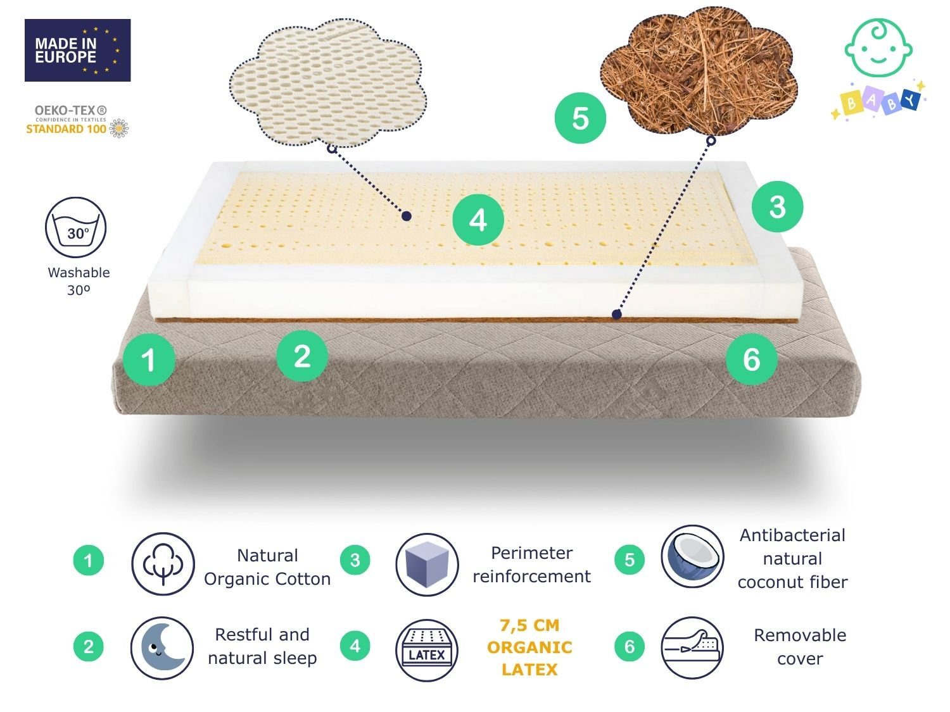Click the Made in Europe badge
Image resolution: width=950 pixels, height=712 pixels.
pyautogui.click(x=77, y=50)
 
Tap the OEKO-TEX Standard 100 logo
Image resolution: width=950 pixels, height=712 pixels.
pyautogui.click(x=77, y=122)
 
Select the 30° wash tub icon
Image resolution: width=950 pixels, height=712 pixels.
pyautogui.click(x=76, y=227)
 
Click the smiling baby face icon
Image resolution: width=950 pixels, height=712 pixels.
pyautogui.click(x=878, y=47)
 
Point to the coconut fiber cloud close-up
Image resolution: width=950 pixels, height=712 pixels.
pyautogui.click(x=698, y=72)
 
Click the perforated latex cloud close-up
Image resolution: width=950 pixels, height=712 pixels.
pyautogui.click(x=327, y=82)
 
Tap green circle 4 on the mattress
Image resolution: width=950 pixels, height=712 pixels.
pyautogui.click(x=478, y=220)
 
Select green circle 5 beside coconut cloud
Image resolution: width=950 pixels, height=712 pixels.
pyautogui.click(x=580, y=118)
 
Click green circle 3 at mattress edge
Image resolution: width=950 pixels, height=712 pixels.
pyautogui.click(x=777, y=206)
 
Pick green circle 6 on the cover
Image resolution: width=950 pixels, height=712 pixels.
pyautogui.click(x=751, y=359)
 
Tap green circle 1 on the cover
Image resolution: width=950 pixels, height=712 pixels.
pyautogui.click(x=149, y=359)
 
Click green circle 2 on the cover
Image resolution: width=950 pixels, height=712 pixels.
pyautogui.click(x=302, y=356)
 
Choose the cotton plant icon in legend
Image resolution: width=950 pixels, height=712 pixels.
pyautogui.click(x=163, y=564)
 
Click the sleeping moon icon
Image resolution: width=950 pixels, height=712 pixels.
pyautogui.click(x=162, y=648)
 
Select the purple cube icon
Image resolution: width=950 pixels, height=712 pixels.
pyautogui.click(x=427, y=564)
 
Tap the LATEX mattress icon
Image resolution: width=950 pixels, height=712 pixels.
pyautogui.click(x=427, y=650)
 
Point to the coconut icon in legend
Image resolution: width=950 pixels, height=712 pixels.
pyautogui.click(x=692, y=557)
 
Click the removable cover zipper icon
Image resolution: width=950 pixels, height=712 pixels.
pyautogui.click(x=692, y=647)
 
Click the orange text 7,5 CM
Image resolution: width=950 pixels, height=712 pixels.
pyautogui.click(x=529, y=625)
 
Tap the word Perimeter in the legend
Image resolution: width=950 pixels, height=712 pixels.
pyautogui.click(x=531, y=553)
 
